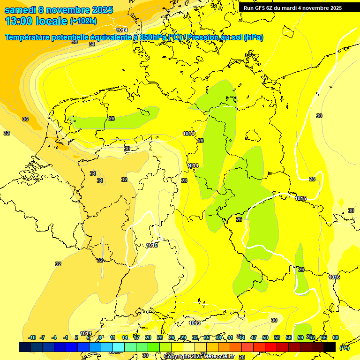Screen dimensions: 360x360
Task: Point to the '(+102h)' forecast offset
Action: click(83, 21)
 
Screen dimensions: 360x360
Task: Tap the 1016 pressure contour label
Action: click(334, 277)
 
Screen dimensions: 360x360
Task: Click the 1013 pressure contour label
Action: click(195, 323)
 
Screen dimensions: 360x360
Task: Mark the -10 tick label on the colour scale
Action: click(32, 337)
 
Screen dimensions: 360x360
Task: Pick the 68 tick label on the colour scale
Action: click(336, 337)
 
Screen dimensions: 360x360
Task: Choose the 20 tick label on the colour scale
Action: click(148, 337)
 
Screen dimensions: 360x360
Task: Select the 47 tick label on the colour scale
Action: click(254, 337)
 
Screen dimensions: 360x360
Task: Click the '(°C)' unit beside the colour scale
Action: click(344, 347)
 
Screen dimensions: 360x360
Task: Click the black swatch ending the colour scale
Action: click(330, 347)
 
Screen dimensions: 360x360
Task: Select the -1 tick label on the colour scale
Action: click(66, 337)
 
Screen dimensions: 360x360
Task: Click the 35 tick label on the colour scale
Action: click(207, 337)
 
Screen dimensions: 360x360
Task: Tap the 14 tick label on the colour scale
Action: click(124, 337)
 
